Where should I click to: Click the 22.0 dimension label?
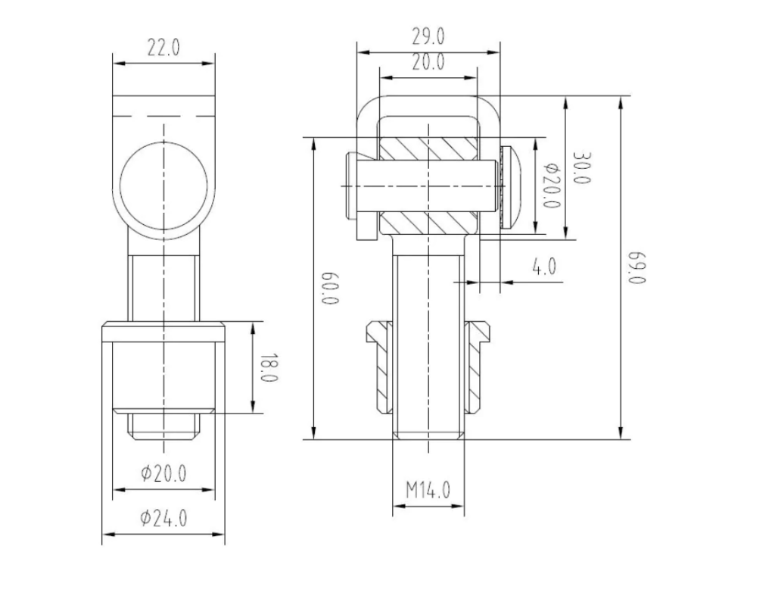[x=163, y=48]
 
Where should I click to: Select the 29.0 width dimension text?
[x=428, y=36]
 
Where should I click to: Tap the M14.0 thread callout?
[x=428, y=490]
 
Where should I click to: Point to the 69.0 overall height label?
[x=637, y=267]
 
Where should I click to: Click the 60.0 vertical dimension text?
[x=330, y=288]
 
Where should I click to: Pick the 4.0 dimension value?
[x=544, y=267]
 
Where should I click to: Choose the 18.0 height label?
[x=269, y=367]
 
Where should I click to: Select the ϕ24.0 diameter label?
[x=163, y=518]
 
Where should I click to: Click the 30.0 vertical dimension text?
[x=582, y=167]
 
